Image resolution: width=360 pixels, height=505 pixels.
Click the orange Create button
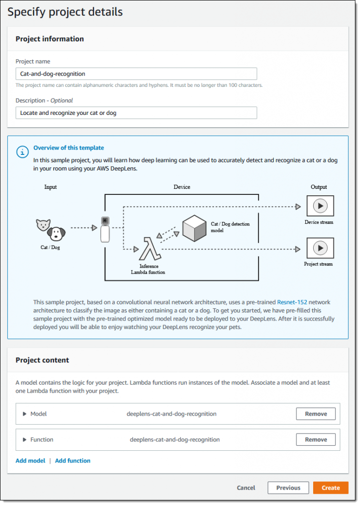click(x=330, y=488)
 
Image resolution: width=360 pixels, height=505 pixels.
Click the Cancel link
click(x=246, y=488)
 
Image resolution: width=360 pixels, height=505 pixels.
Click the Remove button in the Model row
click(x=316, y=414)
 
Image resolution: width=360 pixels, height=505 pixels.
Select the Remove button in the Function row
click(x=316, y=439)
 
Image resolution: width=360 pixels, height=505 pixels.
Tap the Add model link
click(x=30, y=461)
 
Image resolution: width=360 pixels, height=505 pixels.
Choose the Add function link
click(x=72, y=461)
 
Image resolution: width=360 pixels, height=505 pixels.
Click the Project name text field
click(x=136, y=74)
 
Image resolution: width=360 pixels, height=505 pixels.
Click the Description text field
click(x=136, y=113)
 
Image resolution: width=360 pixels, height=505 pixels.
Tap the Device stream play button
click(x=320, y=206)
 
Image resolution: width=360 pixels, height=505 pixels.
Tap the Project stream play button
click(x=320, y=248)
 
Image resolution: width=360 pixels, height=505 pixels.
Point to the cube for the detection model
click(x=194, y=228)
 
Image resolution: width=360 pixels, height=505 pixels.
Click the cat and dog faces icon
click(x=51, y=229)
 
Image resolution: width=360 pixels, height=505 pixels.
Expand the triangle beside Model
click(x=24, y=414)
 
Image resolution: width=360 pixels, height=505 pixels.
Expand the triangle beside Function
click(x=24, y=440)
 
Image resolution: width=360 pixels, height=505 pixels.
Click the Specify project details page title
click(x=65, y=12)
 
